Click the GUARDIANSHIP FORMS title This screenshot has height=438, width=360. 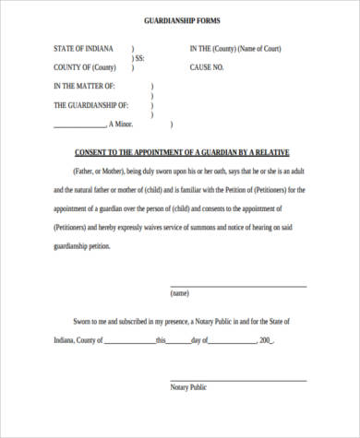(182, 19)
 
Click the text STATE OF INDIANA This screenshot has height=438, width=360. (83, 48)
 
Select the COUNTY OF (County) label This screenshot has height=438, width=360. (86, 67)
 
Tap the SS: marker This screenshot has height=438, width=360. (139, 57)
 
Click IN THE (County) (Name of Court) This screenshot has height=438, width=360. (235, 48)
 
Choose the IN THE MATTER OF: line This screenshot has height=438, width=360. (90, 87)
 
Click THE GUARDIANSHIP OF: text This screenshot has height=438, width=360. (97, 106)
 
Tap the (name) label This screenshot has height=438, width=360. (180, 294)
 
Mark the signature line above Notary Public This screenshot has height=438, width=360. (237, 380)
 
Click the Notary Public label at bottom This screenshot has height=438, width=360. (188, 387)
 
